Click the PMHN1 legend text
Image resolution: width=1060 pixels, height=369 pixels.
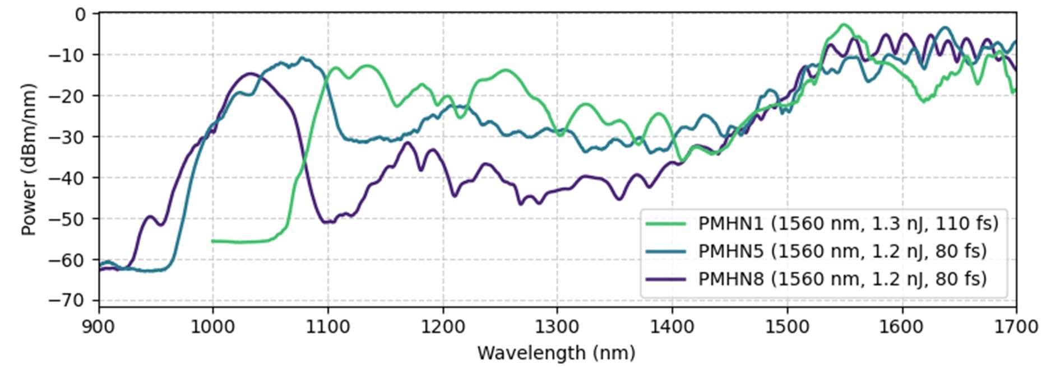pyautogui.click(x=848, y=223)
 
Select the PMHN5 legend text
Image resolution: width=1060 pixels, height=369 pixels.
pyautogui.click(x=842, y=251)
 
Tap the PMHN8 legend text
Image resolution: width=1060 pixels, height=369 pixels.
pyautogui.click(x=842, y=278)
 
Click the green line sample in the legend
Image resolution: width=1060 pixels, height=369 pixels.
pyautogui.click(x=666, y=223)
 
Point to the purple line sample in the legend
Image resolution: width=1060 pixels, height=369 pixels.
pyautogui.click(x=666, y=278)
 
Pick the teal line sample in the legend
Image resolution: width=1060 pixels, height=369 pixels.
pyautogui.click(x=666, y=251)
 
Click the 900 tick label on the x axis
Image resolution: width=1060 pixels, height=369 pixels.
pyautogui.click(x=99, y=326)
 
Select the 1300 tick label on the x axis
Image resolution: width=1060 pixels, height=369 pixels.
pyautogui.click(x=557, y=326)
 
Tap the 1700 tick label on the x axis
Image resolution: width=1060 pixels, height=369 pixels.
pyautogui.click(x=1016, y=326)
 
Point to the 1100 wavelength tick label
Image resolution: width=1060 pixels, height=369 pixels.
pyautogui.click(x=328, y=326)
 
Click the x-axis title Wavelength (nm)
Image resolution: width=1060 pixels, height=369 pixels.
pyautogui.click(x=556, y=353)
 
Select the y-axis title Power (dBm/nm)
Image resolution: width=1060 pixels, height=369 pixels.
pyautogui.click(x=28, y=160)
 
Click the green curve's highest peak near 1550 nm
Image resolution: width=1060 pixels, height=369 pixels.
pyautogui.click(x=844, y=25)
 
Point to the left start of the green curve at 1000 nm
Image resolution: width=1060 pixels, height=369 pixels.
pyautogui.click(x=213, y=241)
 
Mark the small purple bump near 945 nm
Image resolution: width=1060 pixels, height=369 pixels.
pyautogui.click(x=150, y=216)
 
